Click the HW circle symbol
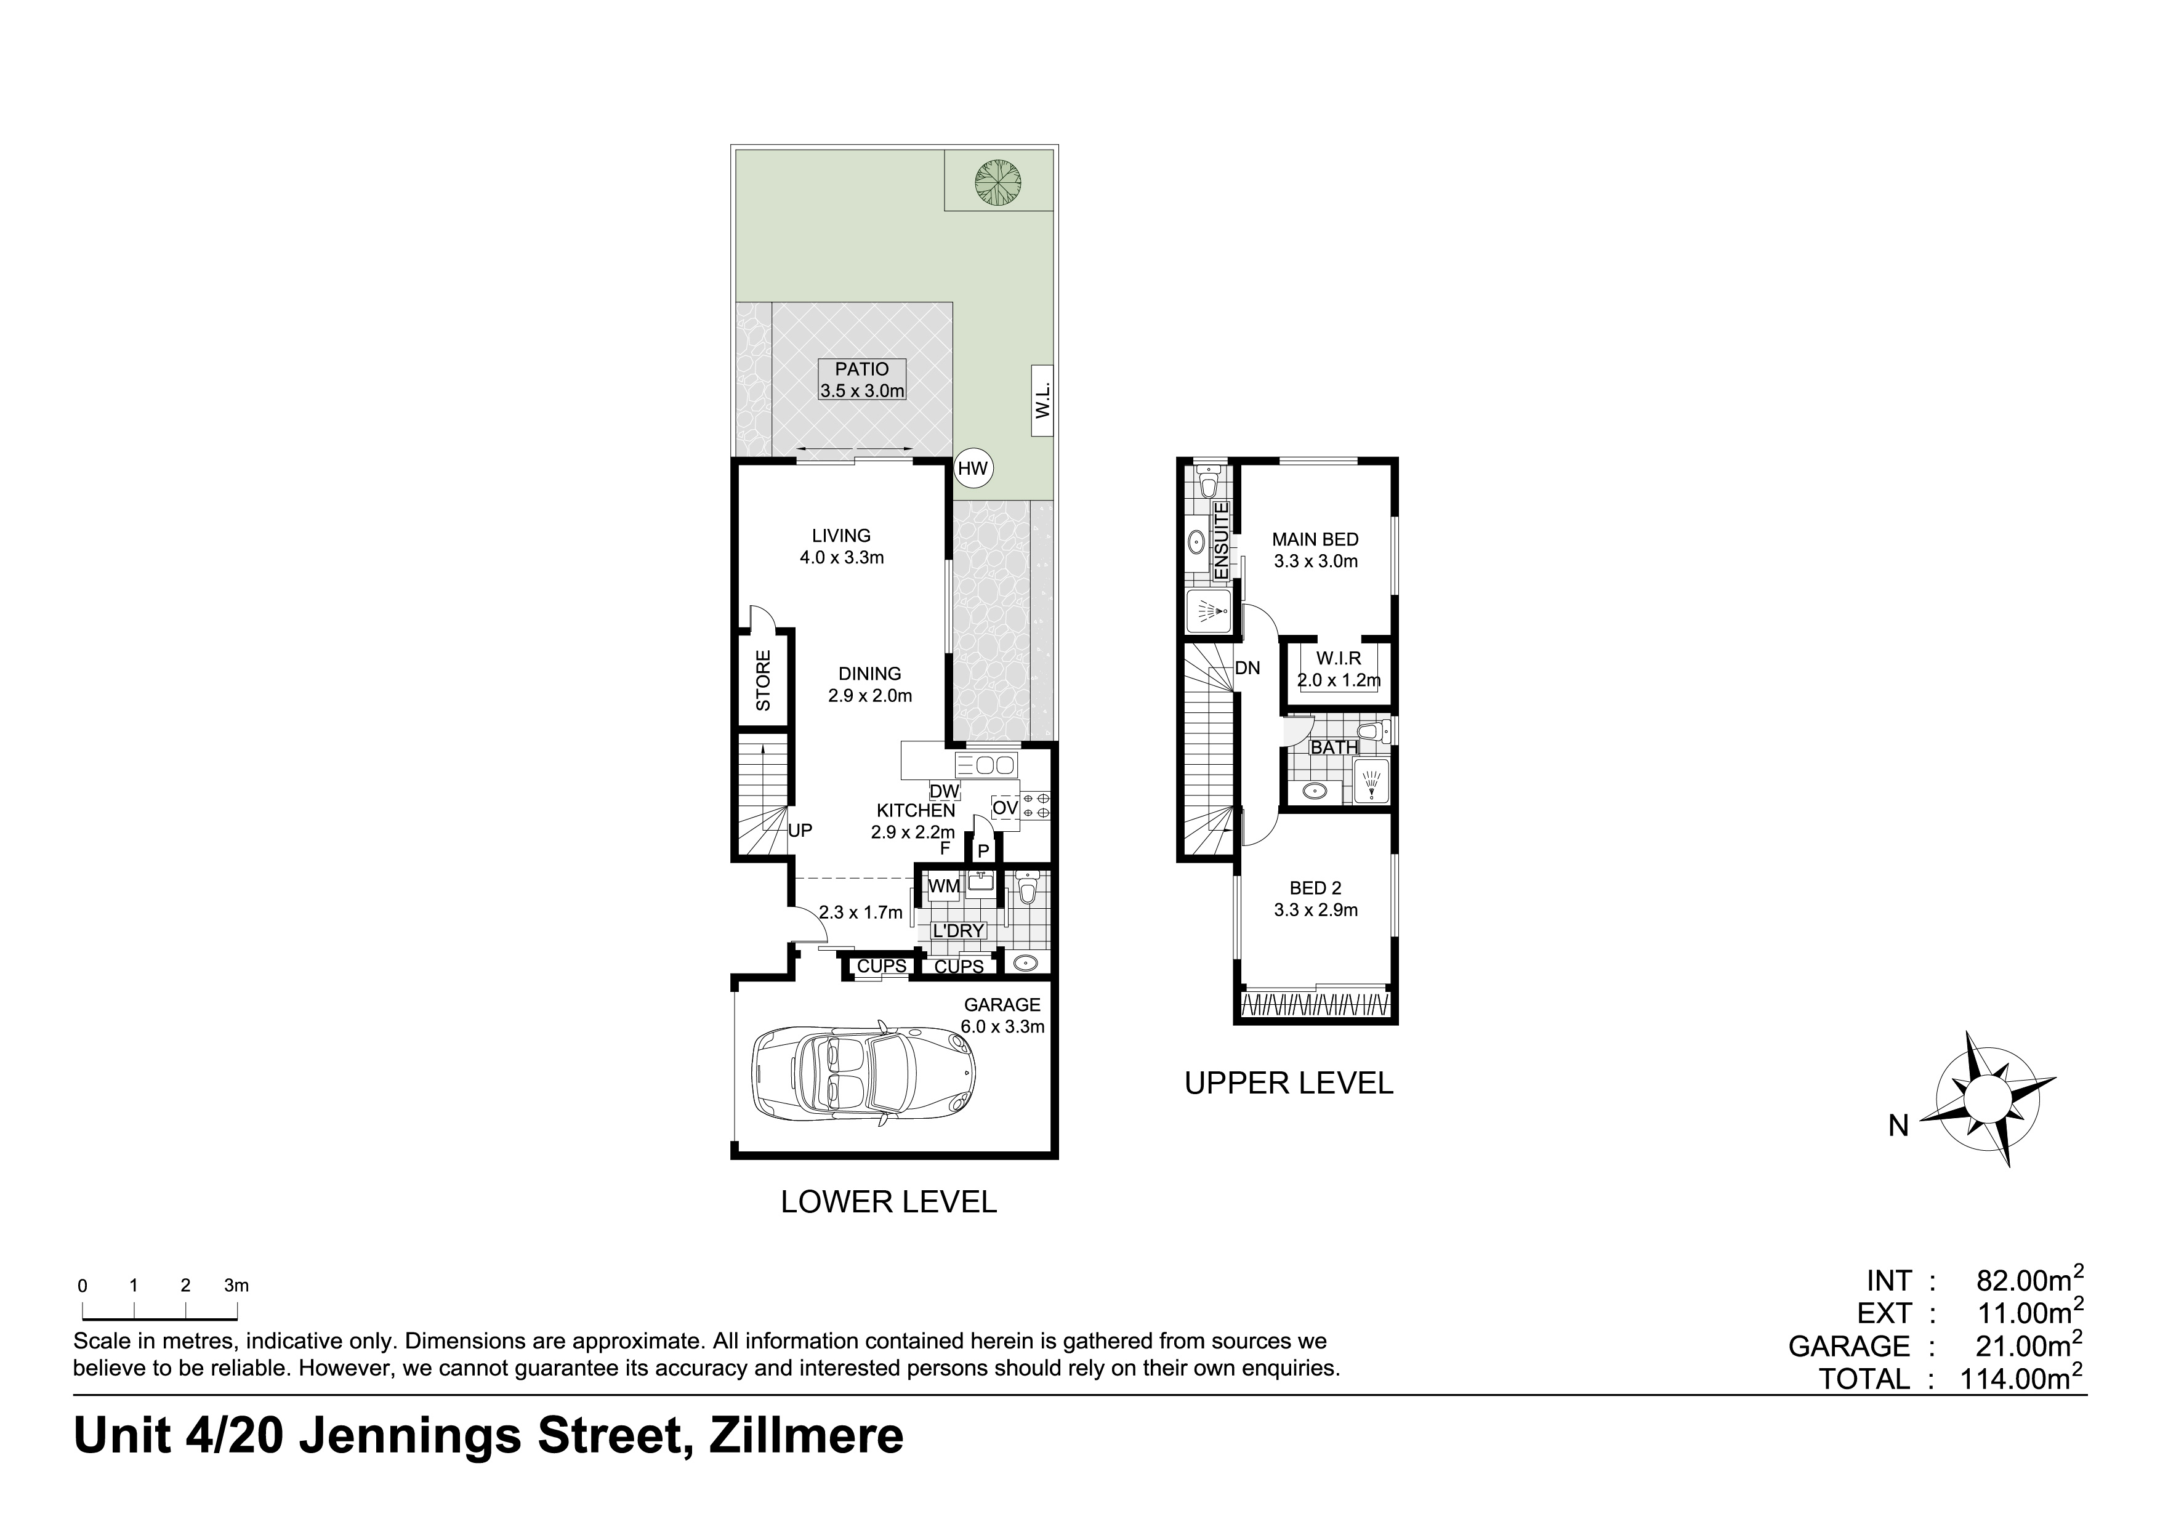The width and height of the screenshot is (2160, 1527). tap(973, 469)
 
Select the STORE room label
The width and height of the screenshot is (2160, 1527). tap(763, 680)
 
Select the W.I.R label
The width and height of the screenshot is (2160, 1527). tap(1339, 659)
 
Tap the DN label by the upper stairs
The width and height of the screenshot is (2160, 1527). tap(1247, 669)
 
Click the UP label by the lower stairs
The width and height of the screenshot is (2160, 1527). tap(800, 831)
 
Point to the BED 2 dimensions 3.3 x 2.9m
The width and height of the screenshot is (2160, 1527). tap(1315, 910)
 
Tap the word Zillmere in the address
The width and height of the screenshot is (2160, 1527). tap(807, 1436)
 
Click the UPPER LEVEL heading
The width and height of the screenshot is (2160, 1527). tap(1289, 1084)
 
